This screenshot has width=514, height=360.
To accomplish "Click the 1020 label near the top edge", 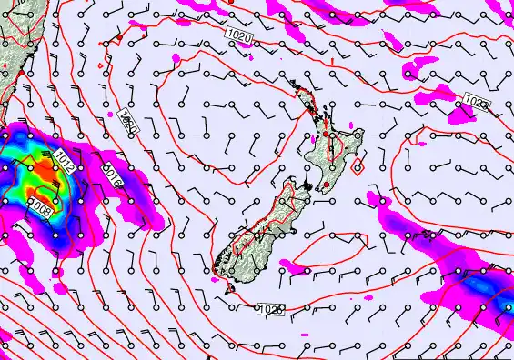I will pos(238,34).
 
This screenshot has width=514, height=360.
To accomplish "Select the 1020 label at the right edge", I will pos(475,101).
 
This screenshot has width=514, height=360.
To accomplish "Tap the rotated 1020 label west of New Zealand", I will pos(128,123).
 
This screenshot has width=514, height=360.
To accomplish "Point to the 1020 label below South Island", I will pos(270,310).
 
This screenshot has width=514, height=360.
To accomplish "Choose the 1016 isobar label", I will pos(112,173).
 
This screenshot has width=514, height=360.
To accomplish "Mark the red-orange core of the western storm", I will pos(41,186).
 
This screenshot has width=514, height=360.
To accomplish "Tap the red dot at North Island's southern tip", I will pos(325,185).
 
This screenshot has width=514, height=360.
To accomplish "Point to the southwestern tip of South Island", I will pos(216,269).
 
